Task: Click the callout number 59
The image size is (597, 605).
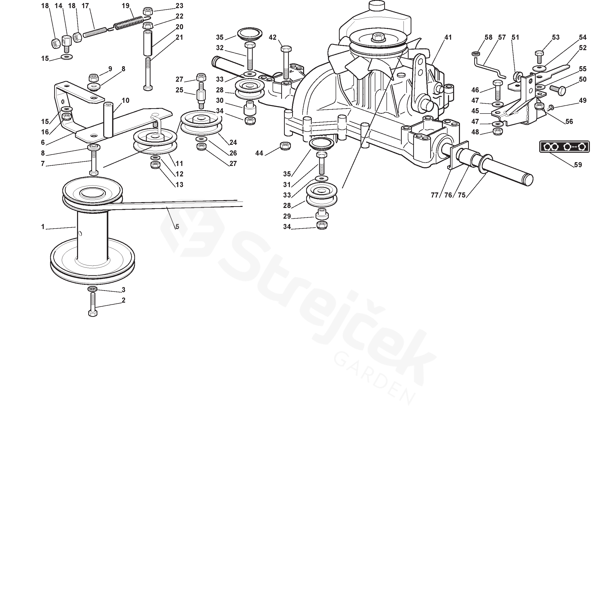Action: (x=578, y=165)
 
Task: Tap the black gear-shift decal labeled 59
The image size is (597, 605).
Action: (x=564, y=147)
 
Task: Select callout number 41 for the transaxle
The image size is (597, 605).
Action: (x=448, y=37)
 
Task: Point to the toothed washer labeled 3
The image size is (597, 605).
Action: (x=93, y=289)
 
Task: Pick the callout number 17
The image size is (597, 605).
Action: (x=85, y=6)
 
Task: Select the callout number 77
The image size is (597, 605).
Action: (x=435, y=195)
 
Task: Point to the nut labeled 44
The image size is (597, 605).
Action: (x=285, y=146)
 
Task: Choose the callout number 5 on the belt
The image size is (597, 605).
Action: (x=177, y=227)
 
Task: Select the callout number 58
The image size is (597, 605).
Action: (x=488, y=37)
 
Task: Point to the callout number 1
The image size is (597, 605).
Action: (x=43, y=227)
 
